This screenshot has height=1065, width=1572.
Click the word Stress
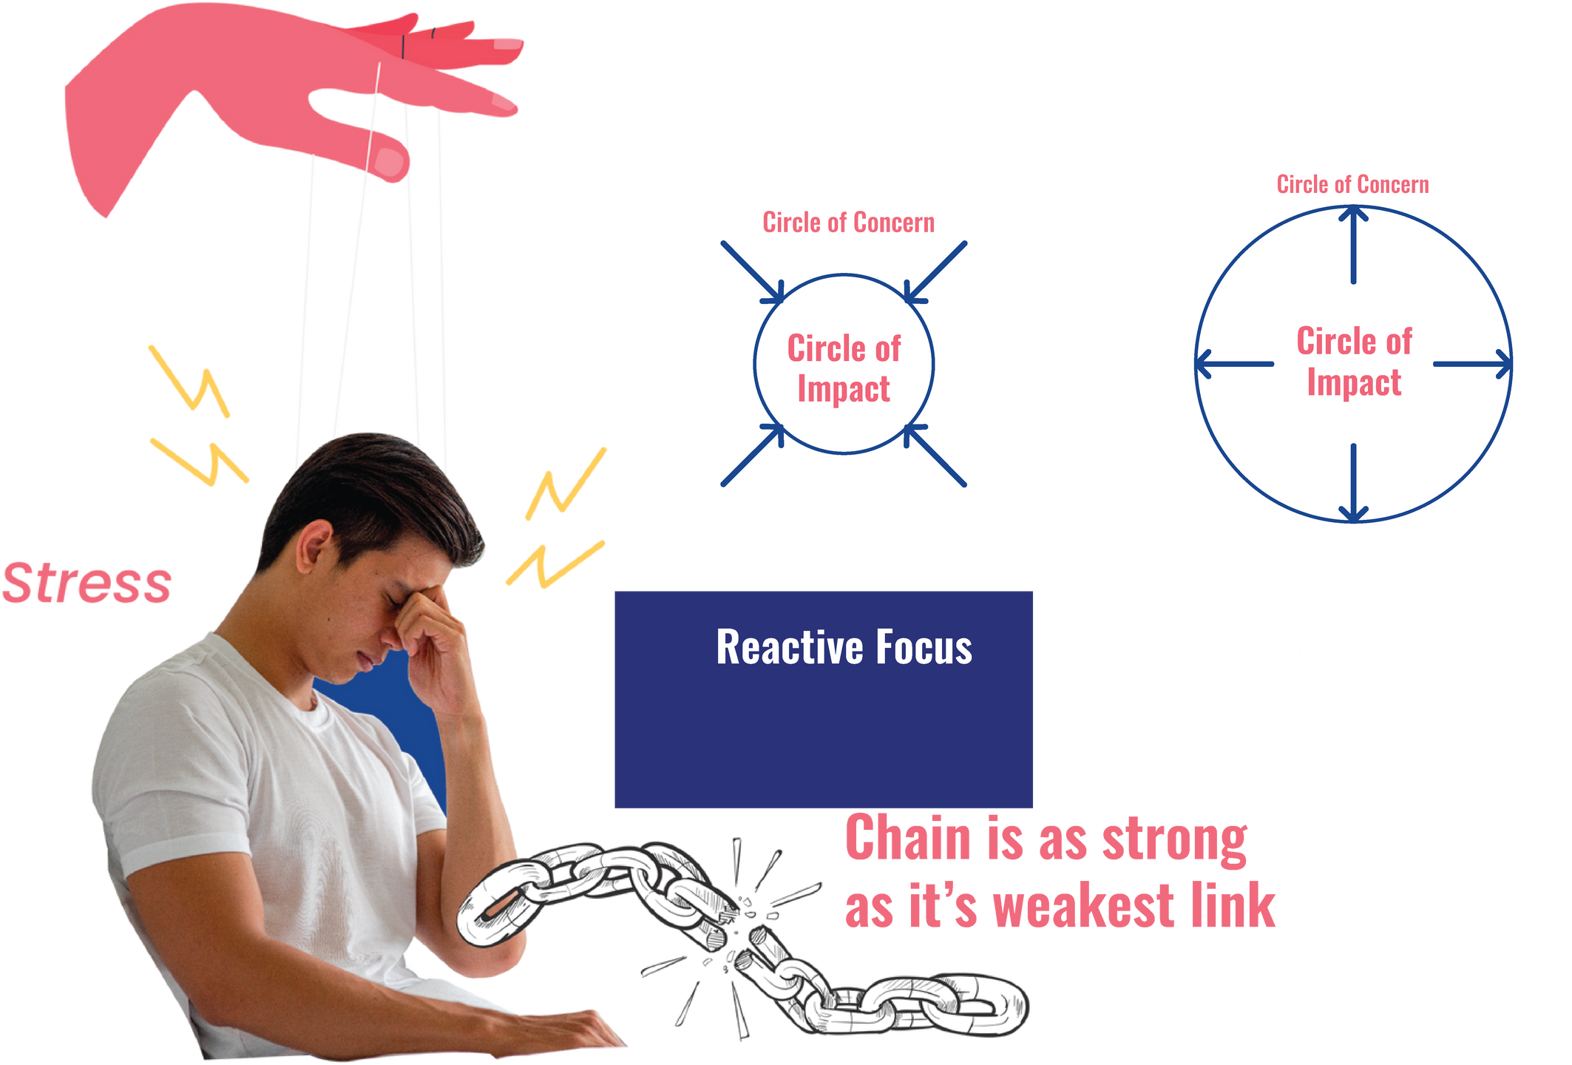[x=87, y=584]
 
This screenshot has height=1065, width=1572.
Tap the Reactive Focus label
[x=844, y=648]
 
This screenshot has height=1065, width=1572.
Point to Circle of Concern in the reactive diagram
[x=848, y=223]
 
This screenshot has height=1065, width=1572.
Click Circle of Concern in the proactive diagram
[x=1352, y=185]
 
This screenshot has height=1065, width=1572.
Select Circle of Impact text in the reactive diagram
[x=844, y=368]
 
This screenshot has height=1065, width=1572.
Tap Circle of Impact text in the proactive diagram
[x=1354, y=362]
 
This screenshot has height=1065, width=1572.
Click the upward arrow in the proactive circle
[x=1353, y=244]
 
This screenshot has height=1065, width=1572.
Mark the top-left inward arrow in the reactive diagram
[x=753, y=272]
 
